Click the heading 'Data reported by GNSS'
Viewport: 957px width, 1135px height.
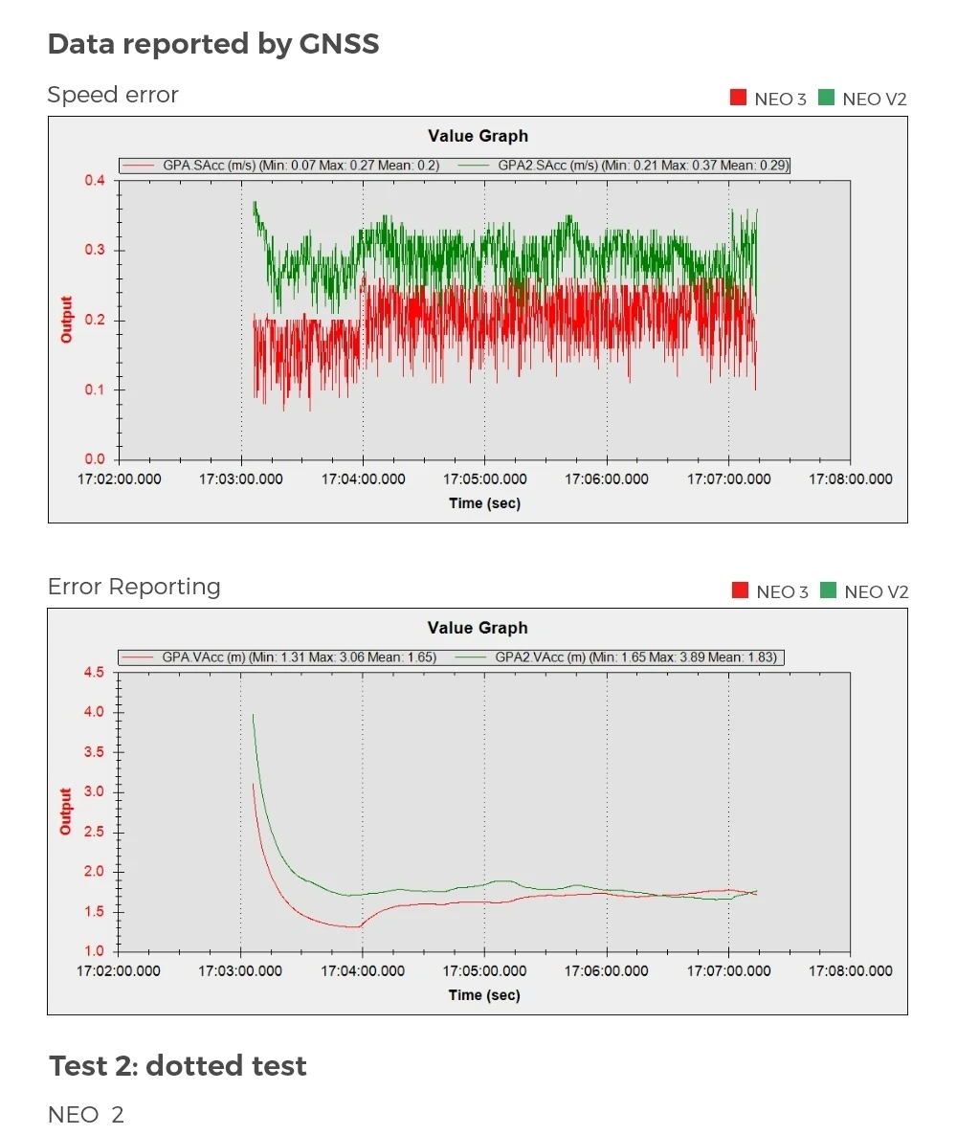[213, 44]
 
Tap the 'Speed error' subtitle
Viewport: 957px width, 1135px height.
[113, 95]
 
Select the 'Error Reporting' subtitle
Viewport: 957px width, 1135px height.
[134, 587]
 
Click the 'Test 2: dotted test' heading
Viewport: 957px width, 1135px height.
[178, 1065]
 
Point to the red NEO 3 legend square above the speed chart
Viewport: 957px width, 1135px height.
[738, 98]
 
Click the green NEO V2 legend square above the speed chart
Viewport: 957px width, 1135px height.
[826, 98]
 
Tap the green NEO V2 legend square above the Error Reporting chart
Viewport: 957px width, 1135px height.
[828, 590]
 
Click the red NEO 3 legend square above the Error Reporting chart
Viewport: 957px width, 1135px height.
[740, 590]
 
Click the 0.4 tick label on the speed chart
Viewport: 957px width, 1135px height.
[95, 180]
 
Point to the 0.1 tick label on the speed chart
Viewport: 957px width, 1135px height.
[95, 389]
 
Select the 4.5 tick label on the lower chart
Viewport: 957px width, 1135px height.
[94, 673]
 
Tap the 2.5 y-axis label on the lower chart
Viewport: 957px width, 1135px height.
[94, 832]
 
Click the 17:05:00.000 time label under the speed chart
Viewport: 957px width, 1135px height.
[485, 479]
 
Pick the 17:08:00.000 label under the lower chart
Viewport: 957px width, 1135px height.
[851, 971]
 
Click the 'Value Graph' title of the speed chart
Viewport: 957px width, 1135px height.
[478, 136]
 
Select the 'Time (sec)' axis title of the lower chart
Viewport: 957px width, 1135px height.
[484, 995]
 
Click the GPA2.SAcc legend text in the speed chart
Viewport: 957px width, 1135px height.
[643, 166]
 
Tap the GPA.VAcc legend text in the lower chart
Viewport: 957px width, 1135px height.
[299, 657]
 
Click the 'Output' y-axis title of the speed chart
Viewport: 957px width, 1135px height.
[67, 320]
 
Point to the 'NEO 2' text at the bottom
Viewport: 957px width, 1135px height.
[86, 1115]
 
